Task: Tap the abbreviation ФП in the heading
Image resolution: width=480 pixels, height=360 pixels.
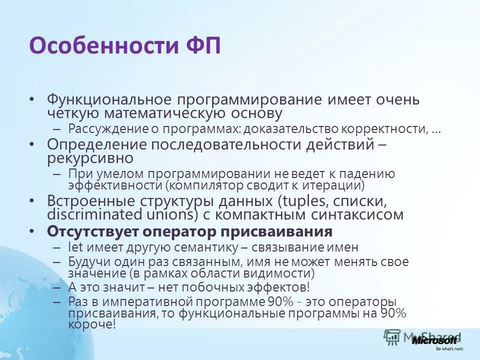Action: tap(198, 45)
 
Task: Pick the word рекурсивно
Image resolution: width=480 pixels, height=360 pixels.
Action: tap(90, 158)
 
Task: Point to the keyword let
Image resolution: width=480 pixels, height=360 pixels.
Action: tap(75, 247)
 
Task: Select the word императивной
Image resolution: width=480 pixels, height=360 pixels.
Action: tap(152, 302)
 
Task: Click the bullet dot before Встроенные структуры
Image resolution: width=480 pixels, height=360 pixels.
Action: tap(32, 201)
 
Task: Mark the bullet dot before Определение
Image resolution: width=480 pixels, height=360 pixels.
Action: tap(32, 144)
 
